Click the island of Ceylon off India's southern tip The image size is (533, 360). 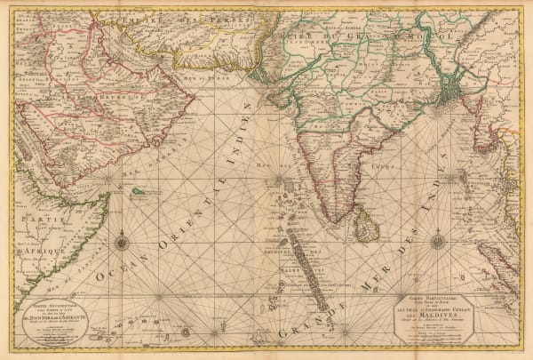pyautogui.click(x=364, y=230)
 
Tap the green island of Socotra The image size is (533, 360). pyautogui.click(x=140, y=192)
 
